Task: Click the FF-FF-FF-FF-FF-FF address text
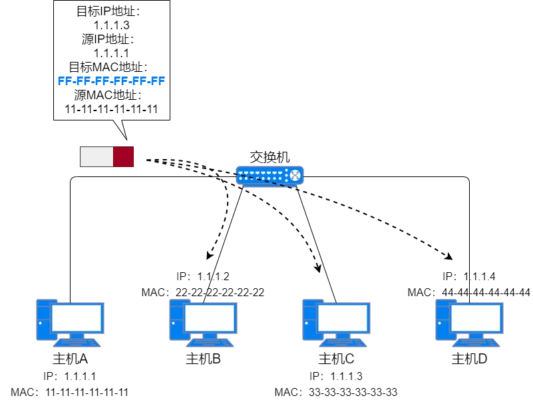(111, 81)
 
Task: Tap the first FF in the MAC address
(65, 81)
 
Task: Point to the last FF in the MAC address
(158, 81)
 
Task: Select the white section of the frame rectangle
(96, 156)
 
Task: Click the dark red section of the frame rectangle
(123, 156)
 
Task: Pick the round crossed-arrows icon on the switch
(295, 175)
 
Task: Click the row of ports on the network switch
(260, 176)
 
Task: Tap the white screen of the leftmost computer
(77, 318)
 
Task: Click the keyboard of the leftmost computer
(77, 343)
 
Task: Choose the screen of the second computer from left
(210, 318)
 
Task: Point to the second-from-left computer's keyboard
(210, 343)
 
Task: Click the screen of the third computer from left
(343, 318)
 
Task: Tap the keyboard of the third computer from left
(343, 343)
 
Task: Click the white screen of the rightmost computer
(476, 318)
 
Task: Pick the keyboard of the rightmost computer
(476, 343)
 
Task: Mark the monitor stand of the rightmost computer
(476, 335)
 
